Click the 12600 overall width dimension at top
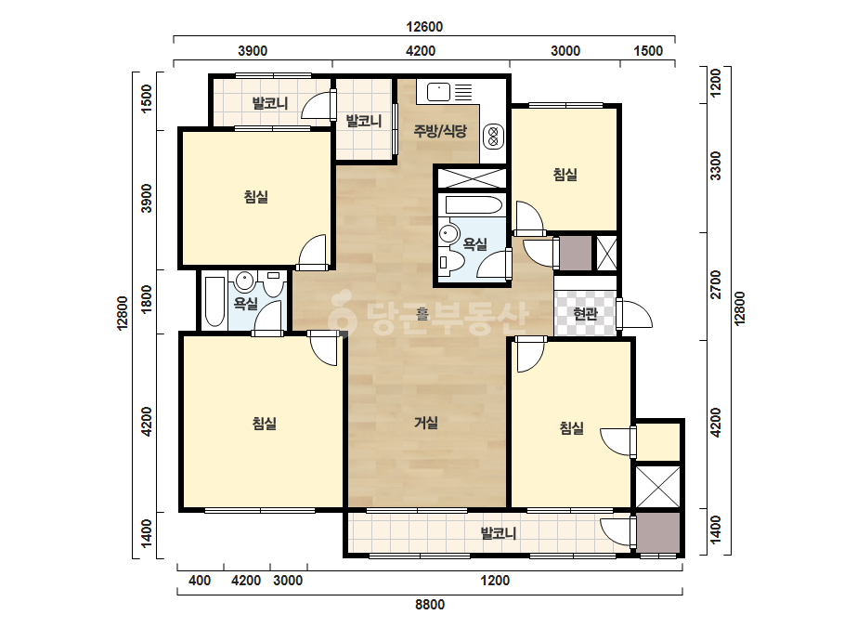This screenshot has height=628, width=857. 424,26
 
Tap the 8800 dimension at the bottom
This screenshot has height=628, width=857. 430,605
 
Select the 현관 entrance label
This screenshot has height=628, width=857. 585,313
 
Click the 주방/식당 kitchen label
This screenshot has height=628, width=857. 440,131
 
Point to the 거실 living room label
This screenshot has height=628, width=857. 426,423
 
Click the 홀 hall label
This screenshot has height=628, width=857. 422,314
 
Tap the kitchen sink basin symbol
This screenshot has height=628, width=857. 438,92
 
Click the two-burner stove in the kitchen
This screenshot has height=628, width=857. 493,137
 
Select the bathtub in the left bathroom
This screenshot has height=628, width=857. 214,301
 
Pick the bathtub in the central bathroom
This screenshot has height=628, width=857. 474,205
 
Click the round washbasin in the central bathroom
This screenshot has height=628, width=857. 448,233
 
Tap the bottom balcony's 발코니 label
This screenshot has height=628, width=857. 498,533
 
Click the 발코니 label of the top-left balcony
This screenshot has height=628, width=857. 269,103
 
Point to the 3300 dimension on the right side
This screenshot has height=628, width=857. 715,165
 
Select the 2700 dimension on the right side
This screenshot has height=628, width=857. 715,284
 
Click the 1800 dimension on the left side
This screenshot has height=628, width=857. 147,299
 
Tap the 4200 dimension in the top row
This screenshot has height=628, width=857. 421,51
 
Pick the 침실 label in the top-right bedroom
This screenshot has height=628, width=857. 565,175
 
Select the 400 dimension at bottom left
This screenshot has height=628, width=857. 200,580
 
